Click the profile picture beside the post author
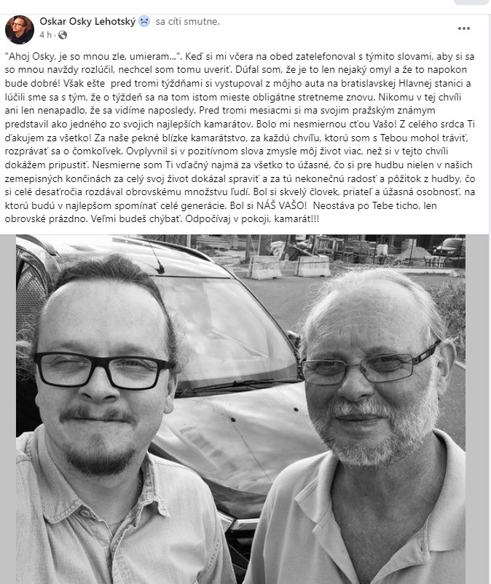[19, 28]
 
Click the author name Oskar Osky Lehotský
[87, 21]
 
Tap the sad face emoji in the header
[144, 21]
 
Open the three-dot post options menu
[464, 28]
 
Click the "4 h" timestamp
[45, 34]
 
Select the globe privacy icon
[62, 34]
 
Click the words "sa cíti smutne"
[187, 21]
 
